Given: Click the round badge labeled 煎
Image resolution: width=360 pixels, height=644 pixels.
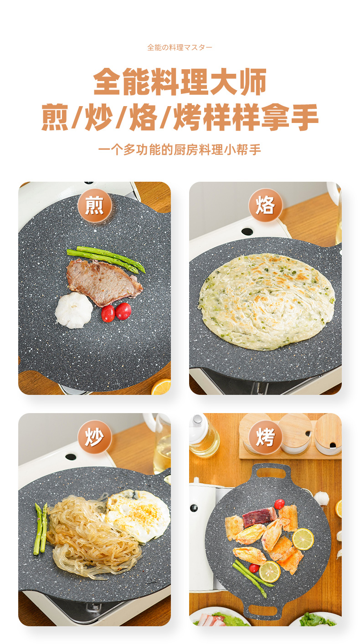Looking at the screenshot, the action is point(95,205).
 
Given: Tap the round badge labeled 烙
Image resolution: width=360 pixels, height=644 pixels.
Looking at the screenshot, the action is point(265,205).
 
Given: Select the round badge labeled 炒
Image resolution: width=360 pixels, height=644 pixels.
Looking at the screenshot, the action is point(95,437).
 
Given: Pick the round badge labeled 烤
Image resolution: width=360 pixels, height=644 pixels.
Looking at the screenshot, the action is point(265,437).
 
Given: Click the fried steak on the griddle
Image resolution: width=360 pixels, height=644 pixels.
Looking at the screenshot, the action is point(103,282).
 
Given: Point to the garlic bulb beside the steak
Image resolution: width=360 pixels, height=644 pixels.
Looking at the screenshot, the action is point(74,310).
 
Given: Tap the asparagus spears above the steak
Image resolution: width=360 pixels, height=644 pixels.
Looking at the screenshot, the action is point(107,259).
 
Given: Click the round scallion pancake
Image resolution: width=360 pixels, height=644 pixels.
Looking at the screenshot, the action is point(267,302).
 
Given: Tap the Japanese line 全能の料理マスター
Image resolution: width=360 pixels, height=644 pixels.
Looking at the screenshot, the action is point(180,47).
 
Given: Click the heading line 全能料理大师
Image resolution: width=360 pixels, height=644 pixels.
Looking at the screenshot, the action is point(180,82).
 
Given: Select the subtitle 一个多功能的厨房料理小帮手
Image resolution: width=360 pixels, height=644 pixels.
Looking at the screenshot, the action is point(180,149).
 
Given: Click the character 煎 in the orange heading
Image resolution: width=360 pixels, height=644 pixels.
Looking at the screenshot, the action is point(55,118).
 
